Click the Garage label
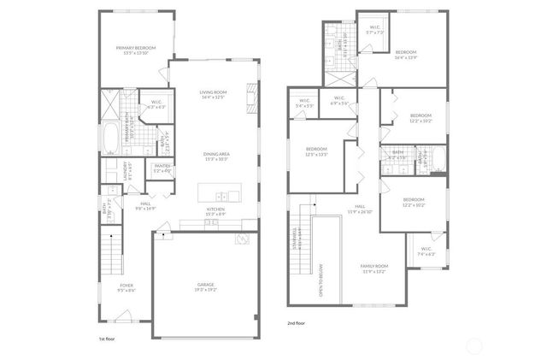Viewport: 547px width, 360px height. (206, 285)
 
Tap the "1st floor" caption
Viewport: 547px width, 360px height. (107, 339)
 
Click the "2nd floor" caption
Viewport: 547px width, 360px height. (297, 324)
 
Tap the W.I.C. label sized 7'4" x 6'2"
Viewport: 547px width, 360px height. (426, 251)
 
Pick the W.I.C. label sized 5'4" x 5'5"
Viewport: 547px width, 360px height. (304, 102)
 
